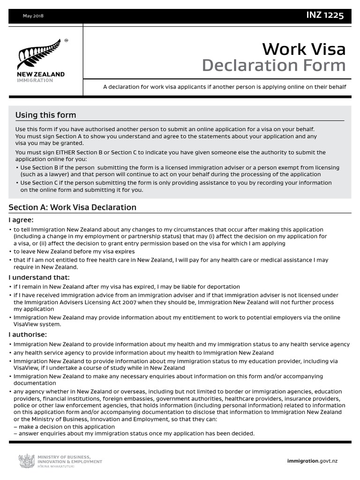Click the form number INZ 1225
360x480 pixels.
pyautogui.click(x=325, y=15)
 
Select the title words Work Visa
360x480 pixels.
pyautogui.click(x=304, y=49)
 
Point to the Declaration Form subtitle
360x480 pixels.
pyautogui.click(x=274, y=66)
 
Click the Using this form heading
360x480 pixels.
pyautogui.click(x=45, y=115)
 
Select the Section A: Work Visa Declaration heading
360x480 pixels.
pyautogui.click(x=73, y=207)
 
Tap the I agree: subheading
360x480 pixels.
pyautogui.click(x=22, y=220)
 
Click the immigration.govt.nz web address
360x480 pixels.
pyautogui.click(x=312, y=461)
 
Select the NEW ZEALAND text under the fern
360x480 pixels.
pyautogui.click(x=41, y=75)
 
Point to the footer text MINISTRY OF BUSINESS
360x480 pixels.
pyautogui.click(x=63, y=457)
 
